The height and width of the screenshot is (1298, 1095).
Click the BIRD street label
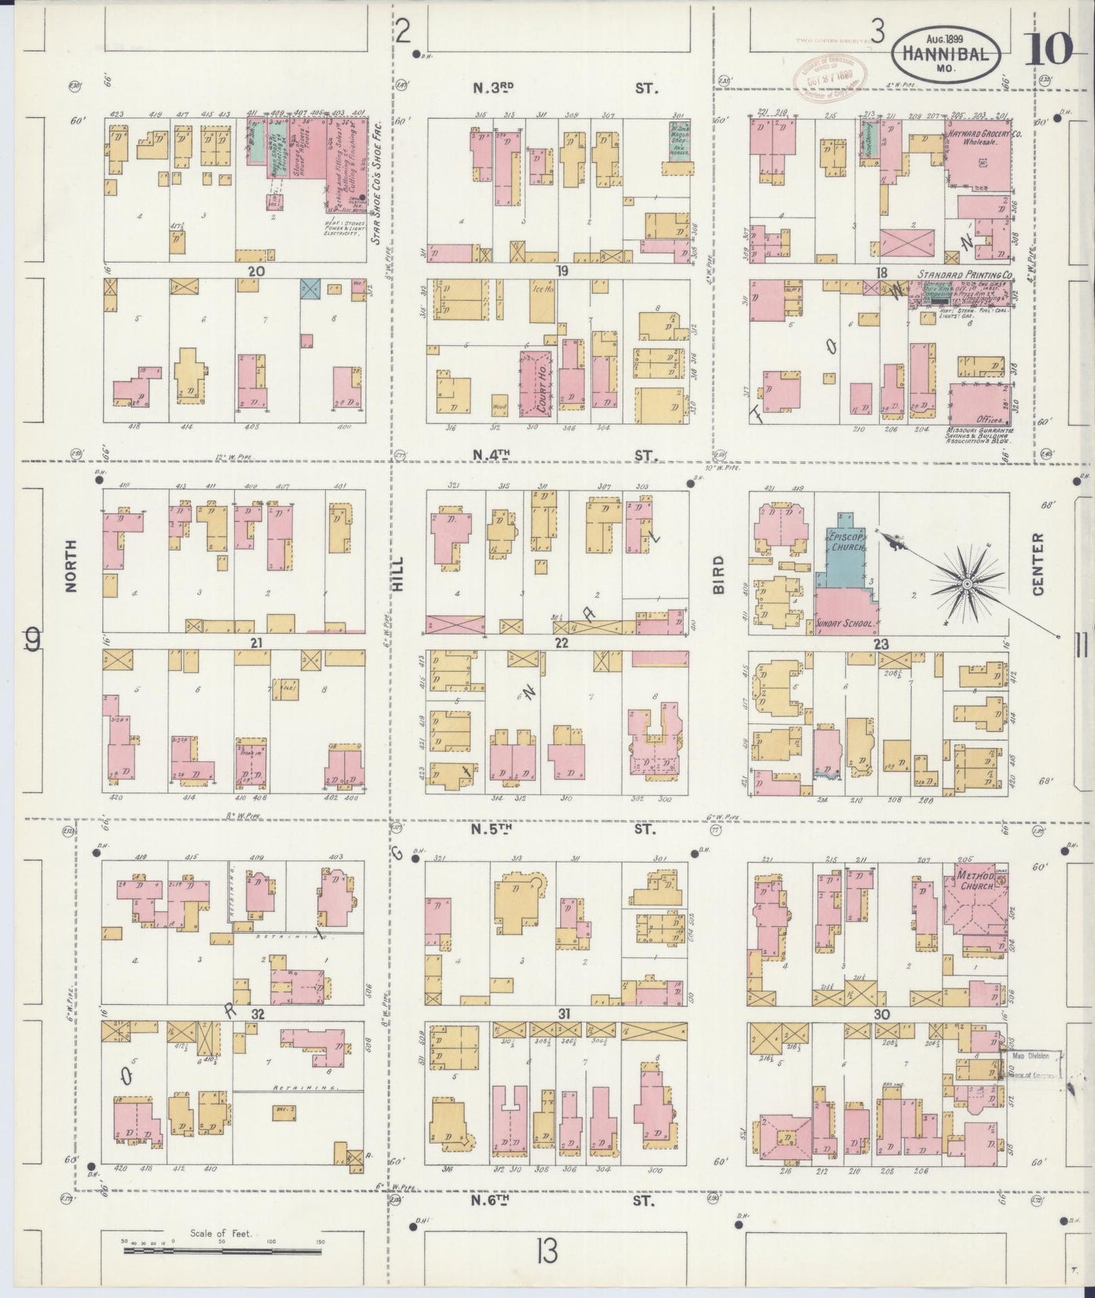click(x=718, y=574)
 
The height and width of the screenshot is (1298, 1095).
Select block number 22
click(x=562, y=643)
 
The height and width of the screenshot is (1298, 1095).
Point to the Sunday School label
click(x=846, y=625)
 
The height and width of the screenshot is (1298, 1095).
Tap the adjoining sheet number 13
click(x=546, y=1253)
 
